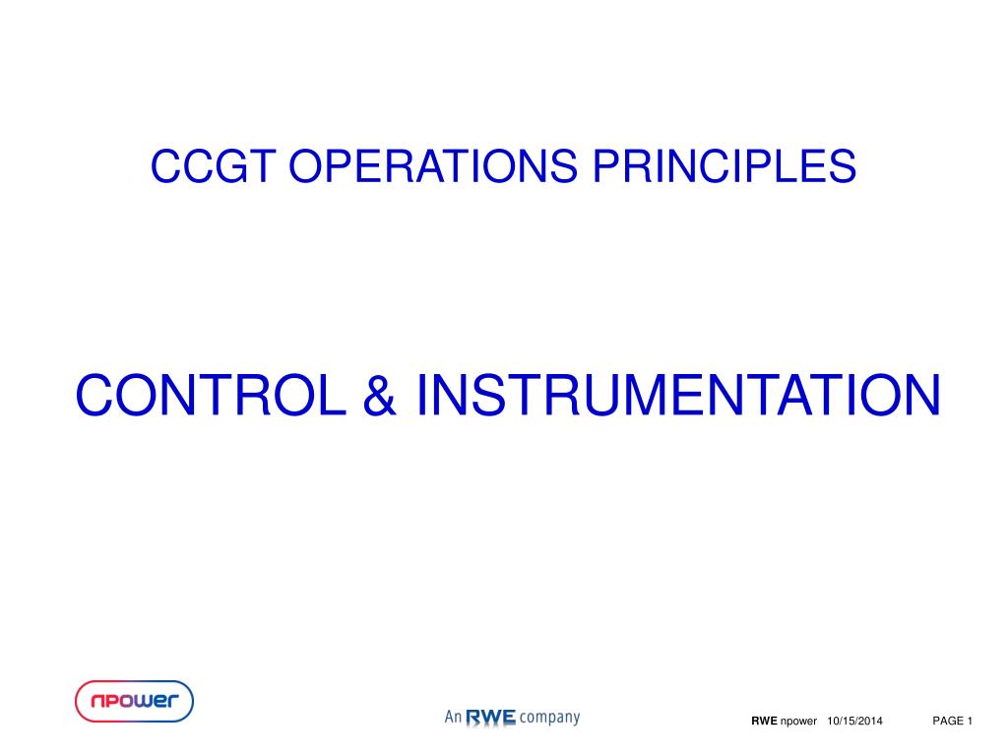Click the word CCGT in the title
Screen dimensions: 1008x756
[213, 165]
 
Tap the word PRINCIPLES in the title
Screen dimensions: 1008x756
[724, 165]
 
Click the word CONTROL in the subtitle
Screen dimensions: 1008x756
[211, 394]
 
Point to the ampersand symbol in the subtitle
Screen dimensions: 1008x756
[380, 394]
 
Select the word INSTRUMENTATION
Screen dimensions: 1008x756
[678, 394]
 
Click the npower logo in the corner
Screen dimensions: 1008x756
[134, 701]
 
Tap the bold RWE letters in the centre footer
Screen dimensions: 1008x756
[490, 718]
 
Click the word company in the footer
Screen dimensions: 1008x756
[549, 718]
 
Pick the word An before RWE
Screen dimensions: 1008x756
[453, 717]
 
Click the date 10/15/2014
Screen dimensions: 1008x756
[854, 721]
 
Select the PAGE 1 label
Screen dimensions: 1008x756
[952, 721]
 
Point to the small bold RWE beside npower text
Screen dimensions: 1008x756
[764, 721]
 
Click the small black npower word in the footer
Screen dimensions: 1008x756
[798, 722]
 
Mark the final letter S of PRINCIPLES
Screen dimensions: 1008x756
[843, 165]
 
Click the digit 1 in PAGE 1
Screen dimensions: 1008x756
[970, 721]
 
